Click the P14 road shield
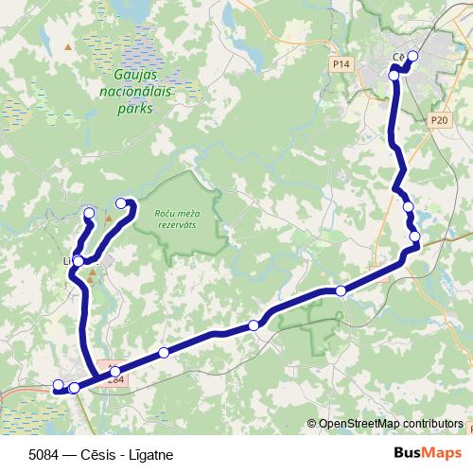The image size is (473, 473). coord(342,63)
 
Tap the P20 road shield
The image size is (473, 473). coord(437,120)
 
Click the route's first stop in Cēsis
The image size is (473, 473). coord(412,56)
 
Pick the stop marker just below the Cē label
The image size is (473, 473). coord(394,72)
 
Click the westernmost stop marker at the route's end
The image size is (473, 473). coord(58,385)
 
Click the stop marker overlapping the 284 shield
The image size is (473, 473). coord(115,372)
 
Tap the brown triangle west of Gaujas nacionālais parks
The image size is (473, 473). coord(67,45)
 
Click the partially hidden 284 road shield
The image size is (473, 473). coord(114,379)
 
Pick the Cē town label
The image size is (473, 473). coord(398,59)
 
